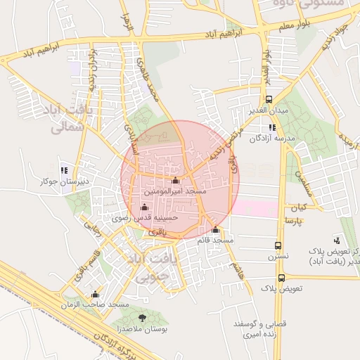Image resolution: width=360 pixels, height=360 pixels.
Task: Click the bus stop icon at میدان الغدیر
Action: click(x=270, y=100)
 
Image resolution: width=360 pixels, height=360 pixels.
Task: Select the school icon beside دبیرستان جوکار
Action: click(x=64, y=170)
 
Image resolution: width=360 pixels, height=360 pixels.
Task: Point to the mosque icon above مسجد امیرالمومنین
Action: click(x=176, y=181)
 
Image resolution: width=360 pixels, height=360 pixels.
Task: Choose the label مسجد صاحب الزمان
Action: click(x=96, y=304)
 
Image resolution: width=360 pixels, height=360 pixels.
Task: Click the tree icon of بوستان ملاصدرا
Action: click(x=143, y=318)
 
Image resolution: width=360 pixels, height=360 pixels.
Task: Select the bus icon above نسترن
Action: click(x=279, y=246)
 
